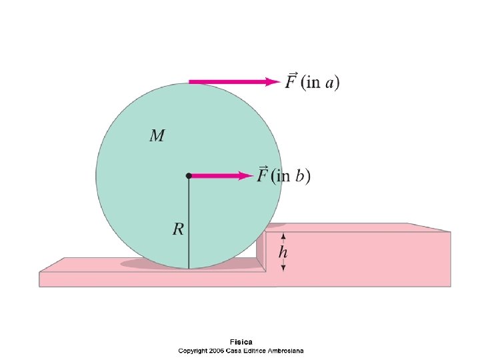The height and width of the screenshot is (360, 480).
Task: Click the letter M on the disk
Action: (x=157, y=136)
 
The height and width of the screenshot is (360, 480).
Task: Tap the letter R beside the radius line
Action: (x=178, y=229)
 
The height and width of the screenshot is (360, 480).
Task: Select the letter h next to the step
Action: (x=283, y=252)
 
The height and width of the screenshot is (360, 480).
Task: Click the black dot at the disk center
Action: (x=189, y=175)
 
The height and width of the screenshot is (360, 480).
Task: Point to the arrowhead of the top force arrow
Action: (x=273, y=81)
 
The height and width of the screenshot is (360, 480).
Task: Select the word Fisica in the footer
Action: (x=241, y=342)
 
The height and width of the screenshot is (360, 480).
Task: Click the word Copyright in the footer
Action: (x=193, y=350)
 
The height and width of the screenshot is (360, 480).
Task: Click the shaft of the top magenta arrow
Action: (x=227, y=81)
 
